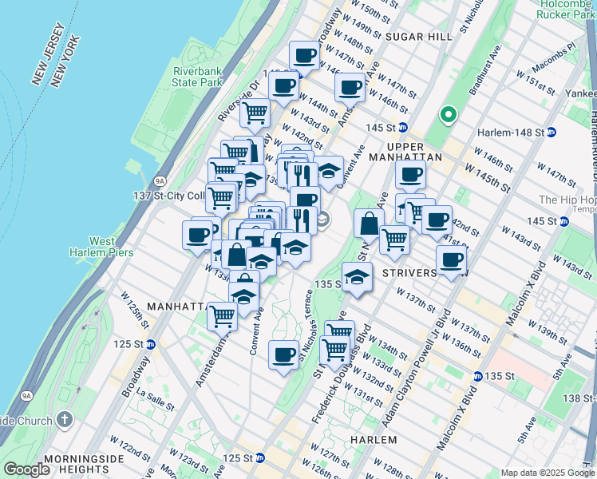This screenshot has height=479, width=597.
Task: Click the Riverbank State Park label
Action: [197, 77]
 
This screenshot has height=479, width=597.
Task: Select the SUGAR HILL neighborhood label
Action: [413, 37]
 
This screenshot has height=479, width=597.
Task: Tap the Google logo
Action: [26, 469]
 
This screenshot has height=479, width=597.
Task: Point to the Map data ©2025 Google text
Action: [548, 473]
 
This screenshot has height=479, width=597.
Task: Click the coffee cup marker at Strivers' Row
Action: [451, 259]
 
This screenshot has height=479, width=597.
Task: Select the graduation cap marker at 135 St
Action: [358, 277]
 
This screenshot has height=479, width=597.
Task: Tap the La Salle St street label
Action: [152, 396]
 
